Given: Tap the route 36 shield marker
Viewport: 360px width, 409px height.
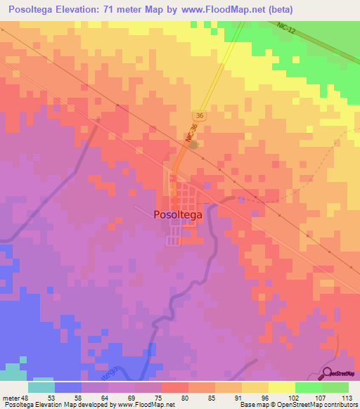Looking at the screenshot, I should click(200, 116).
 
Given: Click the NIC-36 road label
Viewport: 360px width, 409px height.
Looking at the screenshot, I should click(191, 136).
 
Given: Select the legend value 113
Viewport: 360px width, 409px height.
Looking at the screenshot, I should click(347, 397).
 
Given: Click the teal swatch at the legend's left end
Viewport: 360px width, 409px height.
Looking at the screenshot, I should click(41, 387).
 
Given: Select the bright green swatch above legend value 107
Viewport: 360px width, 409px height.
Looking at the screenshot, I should click(308, 387).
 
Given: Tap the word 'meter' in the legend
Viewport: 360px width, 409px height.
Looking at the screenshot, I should click(11, 397).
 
